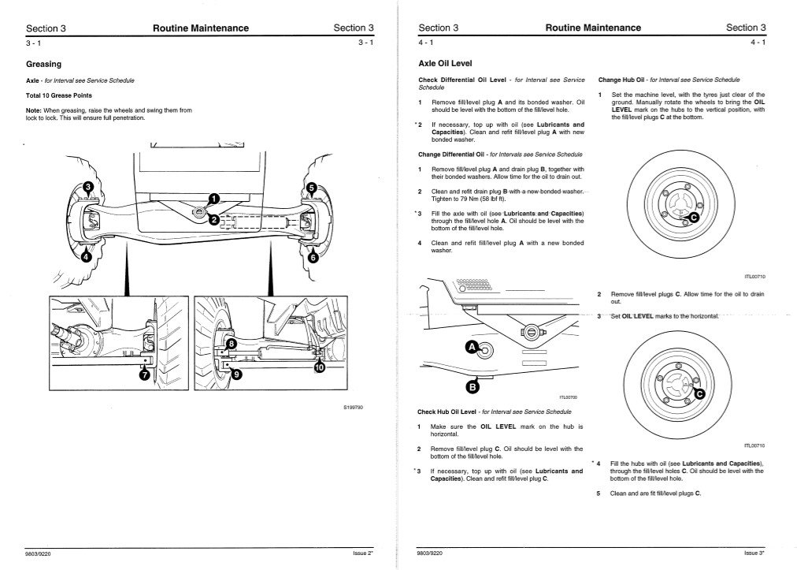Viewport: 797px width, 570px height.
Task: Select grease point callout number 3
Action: [x=88, y=186]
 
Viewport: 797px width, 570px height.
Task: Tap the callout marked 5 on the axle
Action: [x=311, y=188]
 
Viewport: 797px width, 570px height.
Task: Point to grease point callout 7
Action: [x=143, y=375]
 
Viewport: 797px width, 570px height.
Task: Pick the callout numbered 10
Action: [x=320, y=367]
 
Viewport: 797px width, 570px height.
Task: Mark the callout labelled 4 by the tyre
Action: [x=85, y=255]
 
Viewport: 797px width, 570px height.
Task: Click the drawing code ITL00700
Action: [x=568, y=397]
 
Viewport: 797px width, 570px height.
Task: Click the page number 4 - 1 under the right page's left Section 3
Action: [x=426, y=42]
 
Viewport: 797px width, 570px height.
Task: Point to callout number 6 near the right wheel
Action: [x=313, y=257]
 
